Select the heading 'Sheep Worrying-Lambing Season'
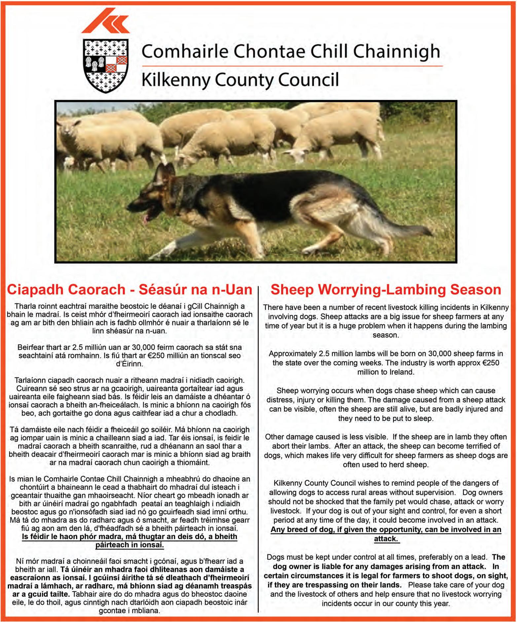click(386, 290)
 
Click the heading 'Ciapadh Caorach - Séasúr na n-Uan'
click(129, 290)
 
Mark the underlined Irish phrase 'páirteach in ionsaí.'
click(129, 545)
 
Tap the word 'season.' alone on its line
click(386, 335)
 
